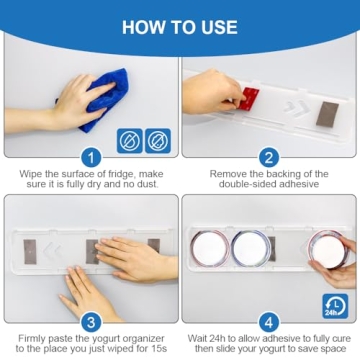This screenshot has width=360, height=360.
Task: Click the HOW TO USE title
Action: point(180,25)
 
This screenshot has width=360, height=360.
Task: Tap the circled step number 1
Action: point(90,157)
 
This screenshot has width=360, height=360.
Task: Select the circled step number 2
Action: point(268,157)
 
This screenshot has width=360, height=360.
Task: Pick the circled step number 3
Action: point(90,322)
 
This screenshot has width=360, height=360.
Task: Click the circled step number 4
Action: point(268,322)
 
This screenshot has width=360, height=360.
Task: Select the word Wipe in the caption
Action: point(33,173)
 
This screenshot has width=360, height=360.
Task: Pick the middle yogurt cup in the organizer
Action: point(249,247)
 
